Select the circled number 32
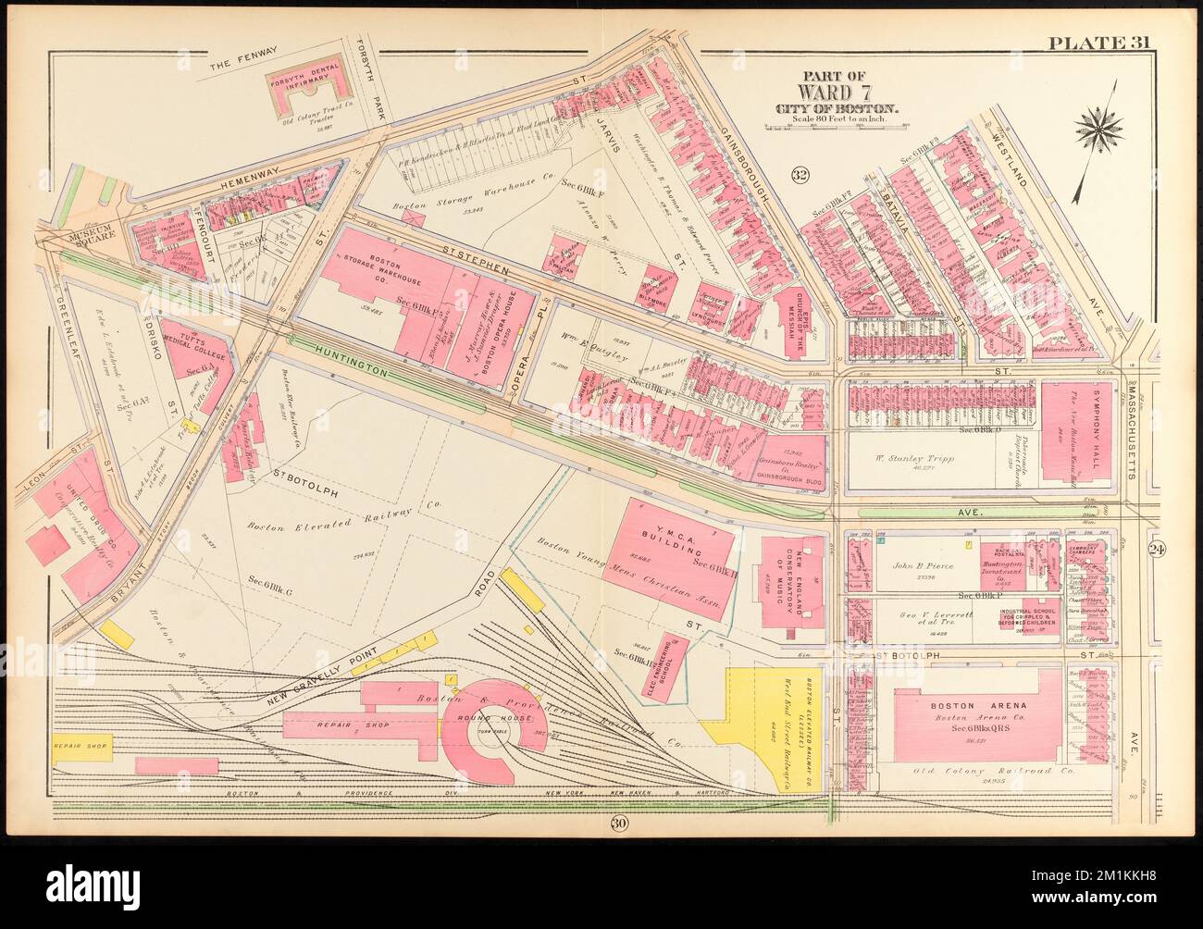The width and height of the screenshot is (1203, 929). point(800,175)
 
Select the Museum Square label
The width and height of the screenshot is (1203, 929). point(85,235)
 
